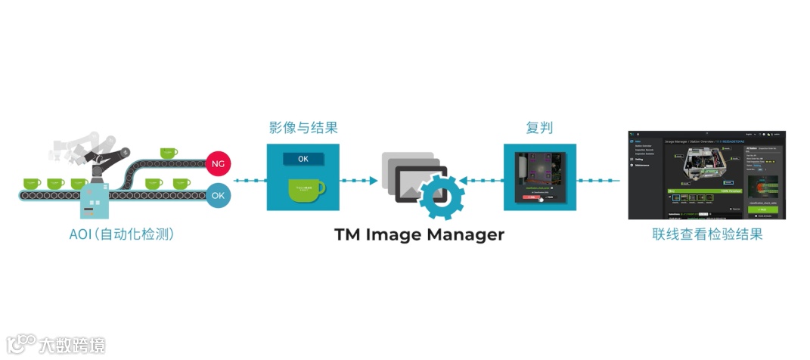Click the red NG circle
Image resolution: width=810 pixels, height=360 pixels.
point(218,163)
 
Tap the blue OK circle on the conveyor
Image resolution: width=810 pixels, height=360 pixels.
point(218,195)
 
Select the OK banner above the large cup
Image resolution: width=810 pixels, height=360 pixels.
point(303,160)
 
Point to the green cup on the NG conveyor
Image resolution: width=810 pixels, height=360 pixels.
point(168,153)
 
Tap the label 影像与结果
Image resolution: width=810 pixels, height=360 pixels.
point(303,127)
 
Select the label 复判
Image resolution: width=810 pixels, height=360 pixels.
point(539,127)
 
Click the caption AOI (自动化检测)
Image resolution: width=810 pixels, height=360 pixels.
point(122,234)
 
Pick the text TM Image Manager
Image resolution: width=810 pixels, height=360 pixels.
point(419,234)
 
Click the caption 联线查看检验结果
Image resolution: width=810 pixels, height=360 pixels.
point(707,234)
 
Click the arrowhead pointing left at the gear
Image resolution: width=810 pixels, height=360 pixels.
point(463,181)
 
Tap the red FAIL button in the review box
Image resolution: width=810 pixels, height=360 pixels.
point(531,197)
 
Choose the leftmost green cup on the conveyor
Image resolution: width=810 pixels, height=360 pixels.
point(31,182)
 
